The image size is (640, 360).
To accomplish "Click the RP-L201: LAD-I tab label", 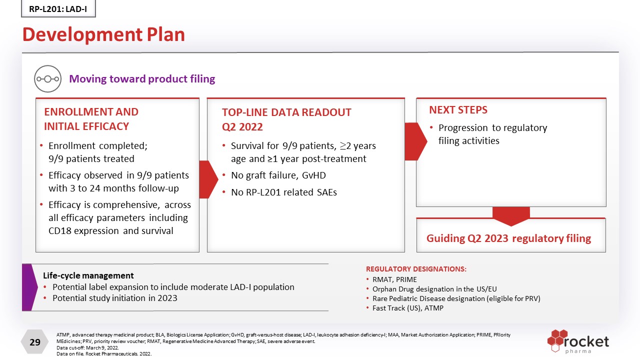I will (x=58, y=8).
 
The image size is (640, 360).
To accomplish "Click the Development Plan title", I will (x=103, y=34).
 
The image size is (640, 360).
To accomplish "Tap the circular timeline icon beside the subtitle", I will (x=47, y=79).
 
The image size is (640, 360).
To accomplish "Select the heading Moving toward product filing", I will (x=142, y=79).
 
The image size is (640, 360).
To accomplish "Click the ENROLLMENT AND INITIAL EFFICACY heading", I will (x=91, y=119).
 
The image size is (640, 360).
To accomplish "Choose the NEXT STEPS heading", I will (x=458, y=110).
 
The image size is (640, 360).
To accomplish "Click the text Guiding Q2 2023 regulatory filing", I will (x=508, y=238).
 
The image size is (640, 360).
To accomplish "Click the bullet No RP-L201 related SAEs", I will (x=283, y=192).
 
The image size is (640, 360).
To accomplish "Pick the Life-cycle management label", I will (x=88, y=275).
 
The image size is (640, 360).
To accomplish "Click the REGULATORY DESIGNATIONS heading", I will (x=416, y=269).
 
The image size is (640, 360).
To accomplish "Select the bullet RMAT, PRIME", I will (x=394, y=279).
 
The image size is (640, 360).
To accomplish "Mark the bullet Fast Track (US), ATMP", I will (x=407, y=308).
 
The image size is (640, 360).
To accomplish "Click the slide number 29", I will (x=35, y=342).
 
